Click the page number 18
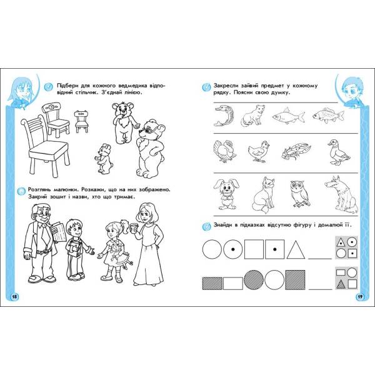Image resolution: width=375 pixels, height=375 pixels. tap(14, 297)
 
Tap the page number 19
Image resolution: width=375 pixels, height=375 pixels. tap(360, 297)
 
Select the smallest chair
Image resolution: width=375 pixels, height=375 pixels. tap(81, 121)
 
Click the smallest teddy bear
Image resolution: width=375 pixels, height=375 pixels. tap(104, 159)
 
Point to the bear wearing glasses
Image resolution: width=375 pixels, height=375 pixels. tap(150, 148)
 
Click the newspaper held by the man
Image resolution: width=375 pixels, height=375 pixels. tap(59, 231)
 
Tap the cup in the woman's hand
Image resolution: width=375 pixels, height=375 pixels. tap(134, 228)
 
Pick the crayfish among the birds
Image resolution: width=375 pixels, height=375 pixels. tap(296, 151)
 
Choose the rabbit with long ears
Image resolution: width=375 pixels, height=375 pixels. tap(226, 194)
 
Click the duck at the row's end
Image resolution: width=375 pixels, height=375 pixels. tap(339, 152)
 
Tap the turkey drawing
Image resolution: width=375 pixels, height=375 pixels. tap(224, 151)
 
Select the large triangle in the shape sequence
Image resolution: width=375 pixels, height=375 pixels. tap(296, 249)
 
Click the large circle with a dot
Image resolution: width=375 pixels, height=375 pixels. tap(233, 249)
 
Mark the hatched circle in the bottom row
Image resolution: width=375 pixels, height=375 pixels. tap(254, 280)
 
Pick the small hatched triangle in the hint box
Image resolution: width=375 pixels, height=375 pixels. tap(341, 284)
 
